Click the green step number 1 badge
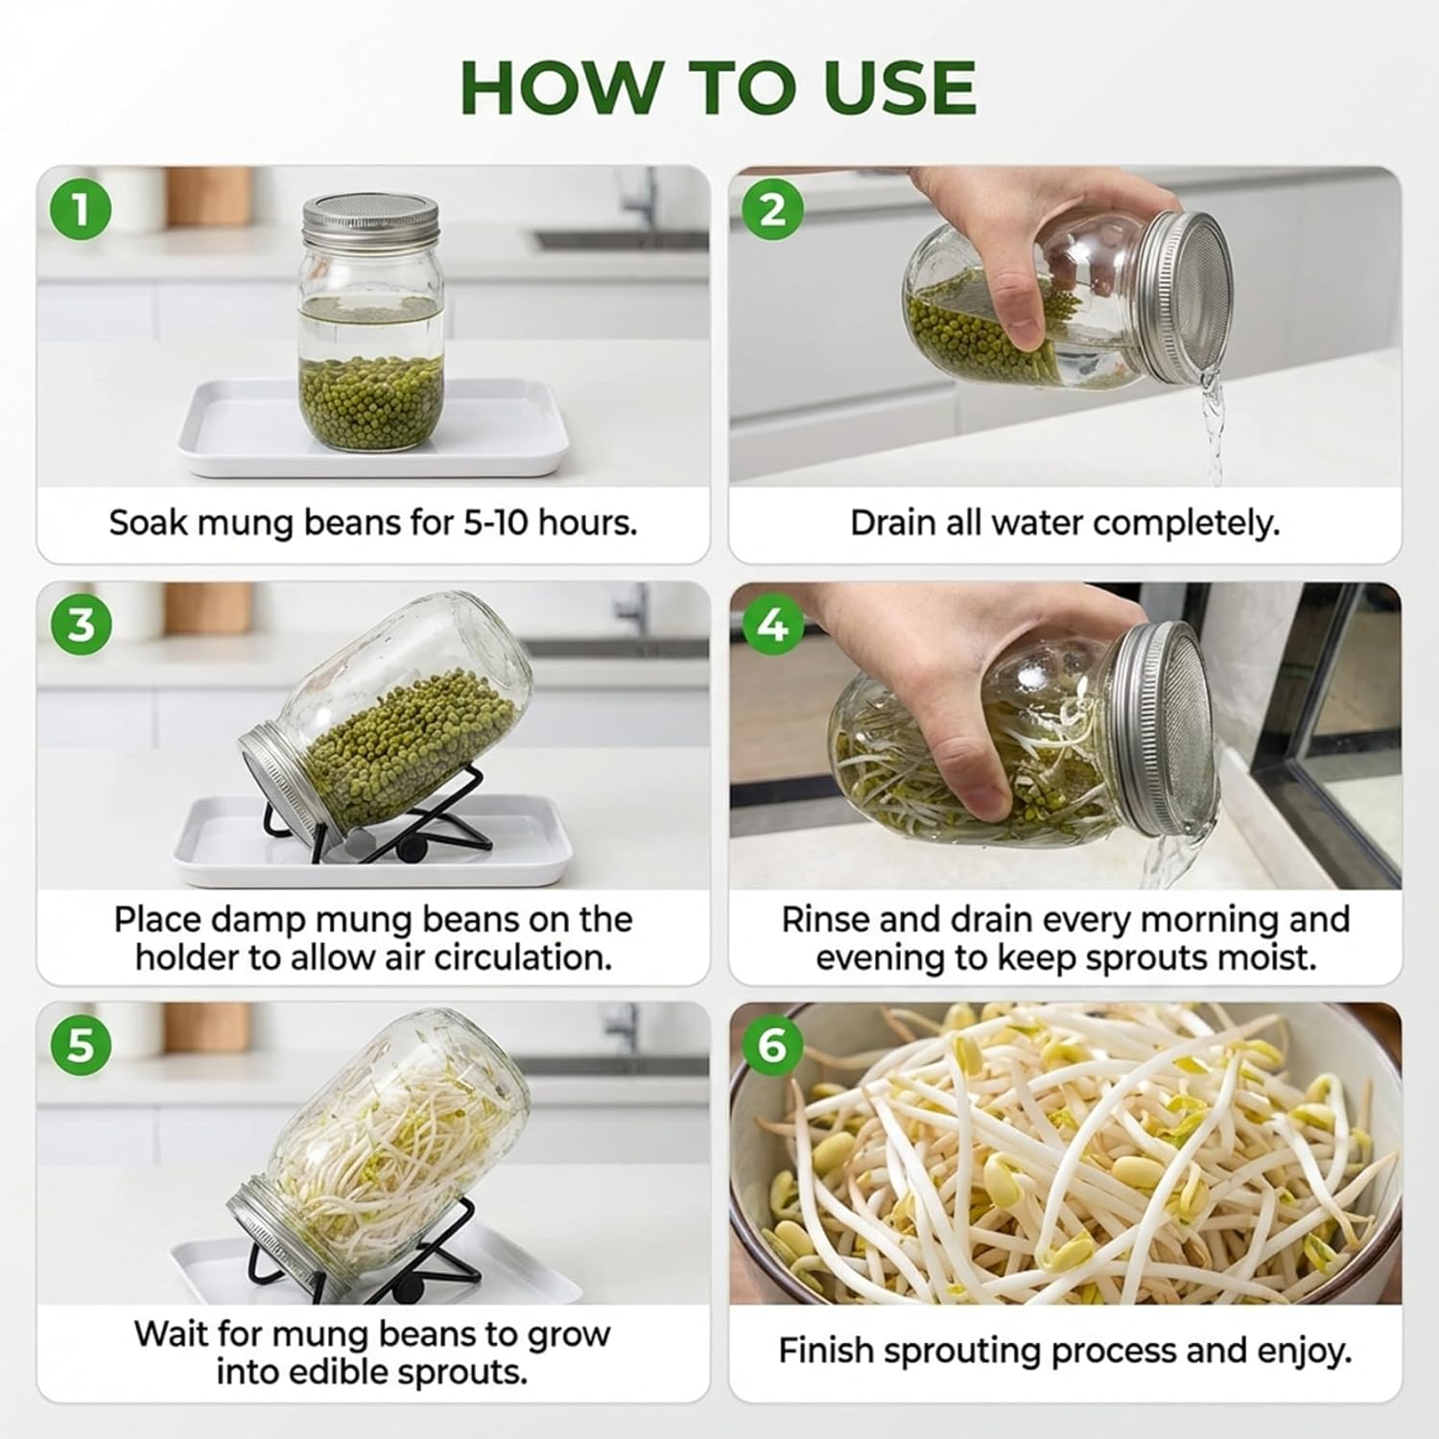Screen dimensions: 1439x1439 point(81,209)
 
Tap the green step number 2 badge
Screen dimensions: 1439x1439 point(773,209)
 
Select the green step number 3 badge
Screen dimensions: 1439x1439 point(81,625)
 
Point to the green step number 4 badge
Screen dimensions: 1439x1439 point(773,625)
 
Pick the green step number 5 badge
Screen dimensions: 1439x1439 point(81,1044)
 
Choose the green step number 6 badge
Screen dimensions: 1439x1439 point(773,1044)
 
